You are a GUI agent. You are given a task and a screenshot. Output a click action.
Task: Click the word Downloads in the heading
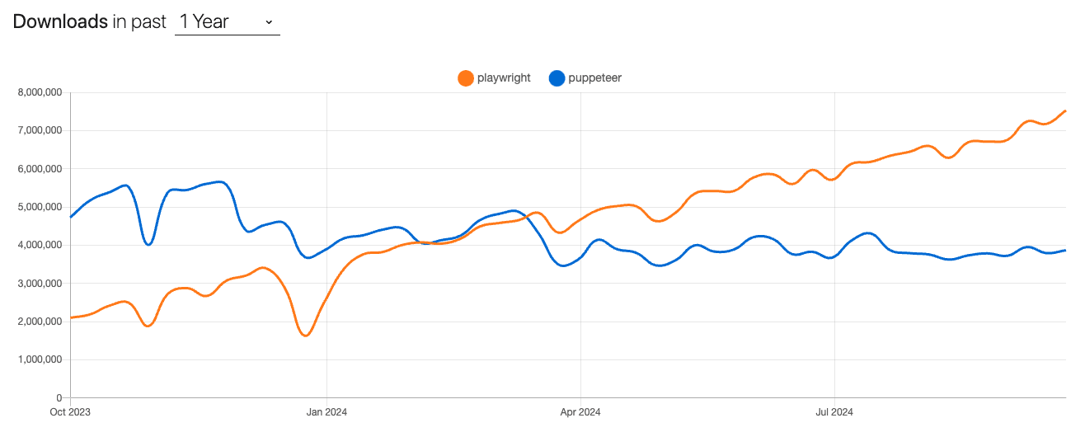[60, 21]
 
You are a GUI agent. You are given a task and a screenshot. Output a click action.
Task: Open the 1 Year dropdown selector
[227, 22]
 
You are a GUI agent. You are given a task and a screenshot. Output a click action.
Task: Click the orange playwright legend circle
[466, 78]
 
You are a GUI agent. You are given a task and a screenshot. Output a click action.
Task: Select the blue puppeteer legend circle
[557, 78]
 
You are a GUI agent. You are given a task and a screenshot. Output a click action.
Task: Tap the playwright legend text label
[504, 78]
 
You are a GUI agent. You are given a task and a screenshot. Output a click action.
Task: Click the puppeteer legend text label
[594, 78]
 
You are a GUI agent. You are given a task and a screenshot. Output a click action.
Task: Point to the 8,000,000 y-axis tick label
[40, 92]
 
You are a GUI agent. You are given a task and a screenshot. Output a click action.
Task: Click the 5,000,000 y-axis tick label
[40, 207]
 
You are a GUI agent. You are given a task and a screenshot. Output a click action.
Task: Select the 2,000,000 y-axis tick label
[40, 322]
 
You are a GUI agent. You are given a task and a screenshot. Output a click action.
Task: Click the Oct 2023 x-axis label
[71, 411]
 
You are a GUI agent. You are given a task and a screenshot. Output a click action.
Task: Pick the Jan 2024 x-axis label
[326, 411]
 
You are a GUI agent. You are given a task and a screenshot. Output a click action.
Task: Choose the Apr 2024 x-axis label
[580, 411]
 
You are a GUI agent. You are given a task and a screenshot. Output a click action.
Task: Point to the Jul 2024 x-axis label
[834, 411]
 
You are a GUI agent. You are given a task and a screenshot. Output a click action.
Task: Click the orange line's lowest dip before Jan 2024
[305, 336]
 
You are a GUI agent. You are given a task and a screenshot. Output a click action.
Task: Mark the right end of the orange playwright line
[1065, 110]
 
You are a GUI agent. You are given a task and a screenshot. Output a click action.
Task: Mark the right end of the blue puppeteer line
[1065, 250]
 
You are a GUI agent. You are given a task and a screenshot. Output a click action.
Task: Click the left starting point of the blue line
[72, 217]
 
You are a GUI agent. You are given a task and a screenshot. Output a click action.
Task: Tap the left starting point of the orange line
[72, 317]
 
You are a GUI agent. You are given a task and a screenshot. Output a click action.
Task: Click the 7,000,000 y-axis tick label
[40, 130]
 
